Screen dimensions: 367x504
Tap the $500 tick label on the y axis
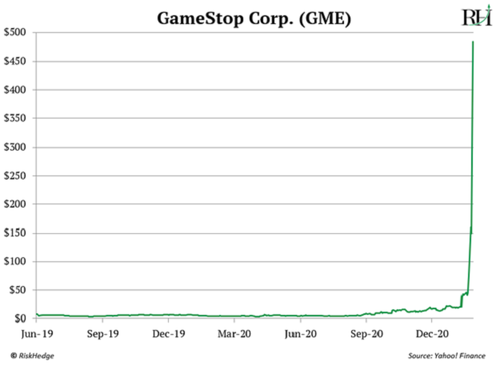(x=18, y=32)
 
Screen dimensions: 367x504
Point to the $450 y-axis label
(x=18, y=61)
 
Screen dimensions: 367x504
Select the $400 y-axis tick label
(x=18, y=90)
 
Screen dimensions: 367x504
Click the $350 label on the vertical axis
(x=18, y=119)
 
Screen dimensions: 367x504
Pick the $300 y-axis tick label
(x=18, y=147)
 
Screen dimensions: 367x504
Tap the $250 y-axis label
(x=18, y=175)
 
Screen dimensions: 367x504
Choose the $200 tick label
(x=18, y=204)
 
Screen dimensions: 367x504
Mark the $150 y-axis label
(x=18, y=233)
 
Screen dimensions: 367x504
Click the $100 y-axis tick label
(x=18, y=262)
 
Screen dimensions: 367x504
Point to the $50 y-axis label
(x=20, y=290)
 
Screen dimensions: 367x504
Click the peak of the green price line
(x=474, y=42)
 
